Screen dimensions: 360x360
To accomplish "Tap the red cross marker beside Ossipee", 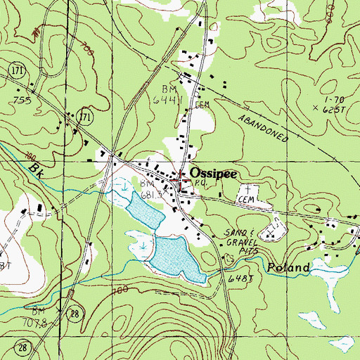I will (x=181, y=179).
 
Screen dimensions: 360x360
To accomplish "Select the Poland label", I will (x=288, y=268).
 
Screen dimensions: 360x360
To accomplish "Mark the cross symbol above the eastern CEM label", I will (x=248, y=189).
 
